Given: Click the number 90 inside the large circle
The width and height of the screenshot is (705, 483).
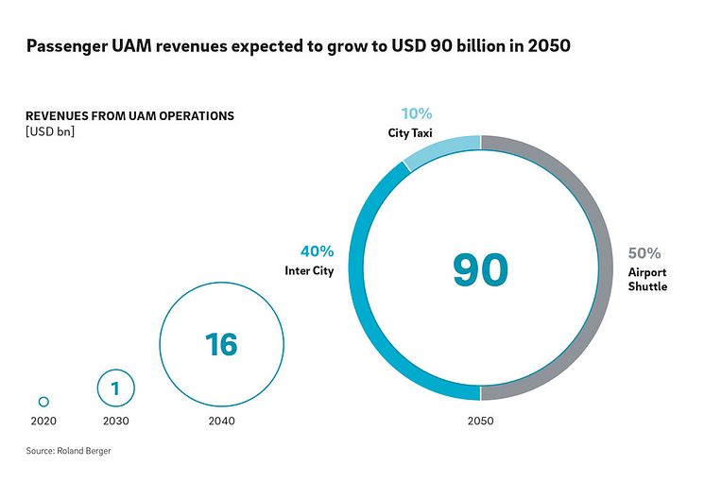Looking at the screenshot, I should point(480,269).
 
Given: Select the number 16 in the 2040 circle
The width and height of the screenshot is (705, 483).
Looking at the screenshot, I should point(221,344).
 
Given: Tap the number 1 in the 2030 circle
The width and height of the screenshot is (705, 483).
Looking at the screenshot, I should point(115,388).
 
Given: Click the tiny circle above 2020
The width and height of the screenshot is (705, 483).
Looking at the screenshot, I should point(43,402).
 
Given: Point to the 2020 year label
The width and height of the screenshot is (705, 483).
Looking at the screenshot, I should point(43,421).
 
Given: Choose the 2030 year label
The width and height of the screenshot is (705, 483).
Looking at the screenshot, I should point(115,421).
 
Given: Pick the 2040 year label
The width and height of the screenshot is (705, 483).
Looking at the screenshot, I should point(221,421).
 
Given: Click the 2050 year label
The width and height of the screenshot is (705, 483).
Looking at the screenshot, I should point(480,421).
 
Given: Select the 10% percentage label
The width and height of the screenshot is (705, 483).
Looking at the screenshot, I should point(416,114).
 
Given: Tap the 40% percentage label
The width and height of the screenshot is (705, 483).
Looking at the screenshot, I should point(317,251).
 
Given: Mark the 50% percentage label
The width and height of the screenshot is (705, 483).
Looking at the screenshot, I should point(645,253).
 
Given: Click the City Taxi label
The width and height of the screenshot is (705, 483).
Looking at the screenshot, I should point(411,133).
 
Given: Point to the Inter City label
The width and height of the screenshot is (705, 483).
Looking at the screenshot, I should point(309,271).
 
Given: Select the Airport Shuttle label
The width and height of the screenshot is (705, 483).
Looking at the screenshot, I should point(647,279).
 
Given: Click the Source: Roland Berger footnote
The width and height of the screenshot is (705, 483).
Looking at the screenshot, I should point(69,452).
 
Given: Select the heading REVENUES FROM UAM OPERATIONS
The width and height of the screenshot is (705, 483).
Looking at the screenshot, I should point(129,116).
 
